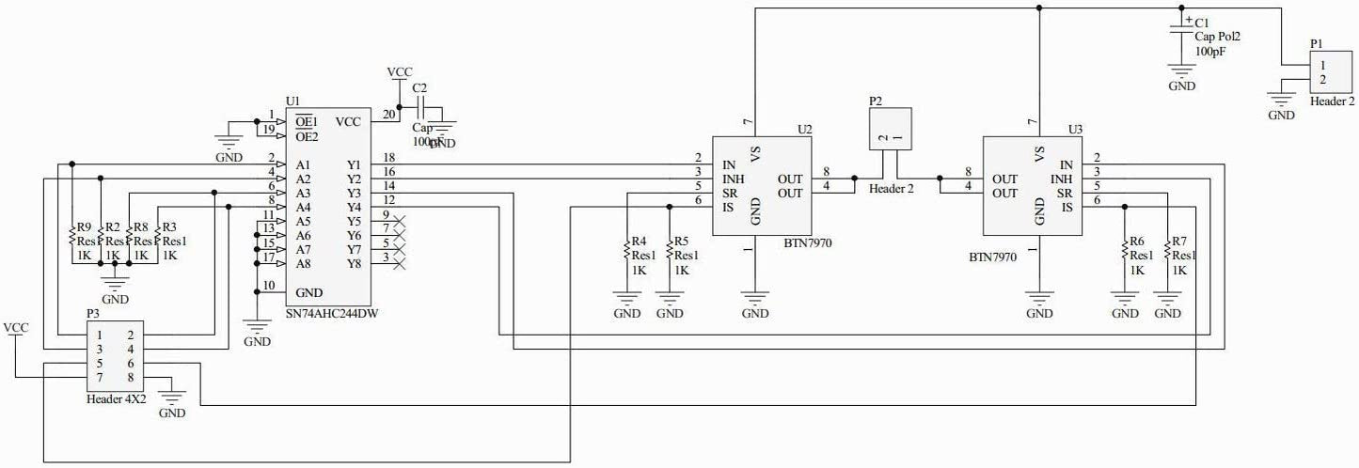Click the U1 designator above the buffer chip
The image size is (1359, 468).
click(x=292, y=101)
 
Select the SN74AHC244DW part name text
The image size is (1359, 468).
click(x=337, y=314)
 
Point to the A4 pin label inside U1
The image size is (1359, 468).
click(x=303, y=207)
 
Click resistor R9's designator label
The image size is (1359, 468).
click(x=84, y=227)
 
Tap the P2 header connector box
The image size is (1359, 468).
click(x=890, y=131)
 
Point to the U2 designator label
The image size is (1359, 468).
click(x=804, y=129)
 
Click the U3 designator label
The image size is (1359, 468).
click(x=1076, y=129)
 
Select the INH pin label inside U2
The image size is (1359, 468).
click(x=734, y=179)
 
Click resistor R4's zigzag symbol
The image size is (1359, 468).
click(x=627, y=250)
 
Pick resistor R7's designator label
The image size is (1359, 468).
click(x=1181, y=242)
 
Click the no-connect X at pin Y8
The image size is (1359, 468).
click(x=401, y=264)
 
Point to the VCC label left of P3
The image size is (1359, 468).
click(x=16, y=328)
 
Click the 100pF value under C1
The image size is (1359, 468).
click(x=1211, y=53)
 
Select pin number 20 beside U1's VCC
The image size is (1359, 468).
click(x=388, y=115)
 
